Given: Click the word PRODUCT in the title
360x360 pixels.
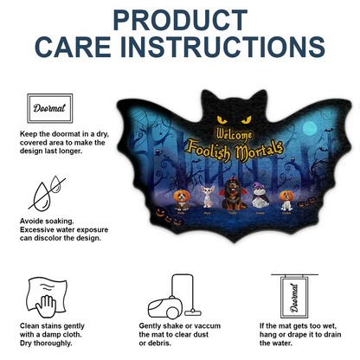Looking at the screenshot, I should (x=180, y=20).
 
